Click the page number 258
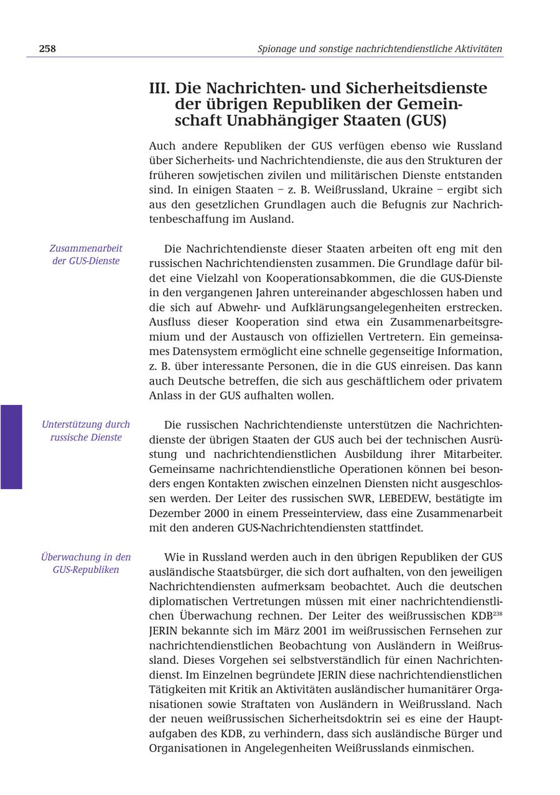click(47, 49)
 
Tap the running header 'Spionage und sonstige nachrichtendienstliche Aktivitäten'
click(380, 49)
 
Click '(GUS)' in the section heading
click(426, 121)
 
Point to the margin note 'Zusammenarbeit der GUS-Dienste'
click(86, 254)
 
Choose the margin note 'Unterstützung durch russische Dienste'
click(86, 430)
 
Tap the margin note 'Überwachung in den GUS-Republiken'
click(86, 563)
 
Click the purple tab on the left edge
click(11, 447)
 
